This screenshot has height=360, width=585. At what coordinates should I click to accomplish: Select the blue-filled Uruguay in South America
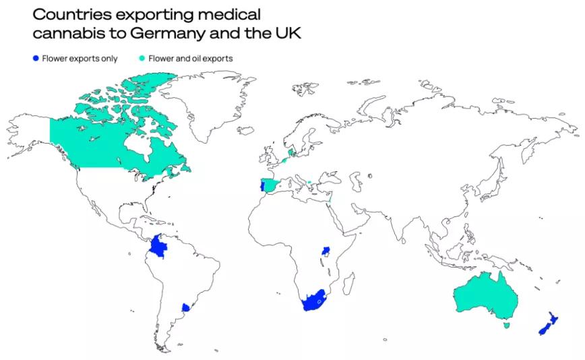(185, 307)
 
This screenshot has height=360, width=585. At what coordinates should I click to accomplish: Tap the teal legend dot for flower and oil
(142, 59)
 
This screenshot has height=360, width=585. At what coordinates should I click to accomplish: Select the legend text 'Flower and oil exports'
(191, 59)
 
